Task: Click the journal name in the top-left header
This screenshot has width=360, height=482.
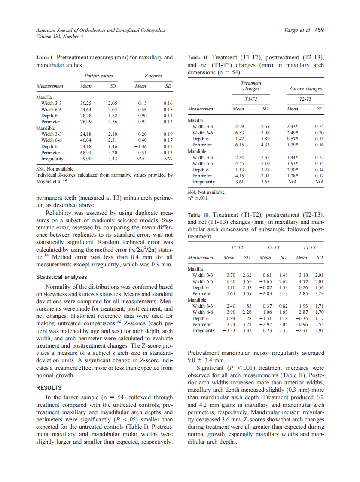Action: [x=101, y=30]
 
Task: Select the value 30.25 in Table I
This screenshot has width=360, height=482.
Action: [x=85, y=103]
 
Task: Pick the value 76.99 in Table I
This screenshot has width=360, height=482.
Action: [x=85, y=122]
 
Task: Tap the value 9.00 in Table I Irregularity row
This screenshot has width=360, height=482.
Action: [x=87, y=159]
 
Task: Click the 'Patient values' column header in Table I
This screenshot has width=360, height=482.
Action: [x=98, y=76]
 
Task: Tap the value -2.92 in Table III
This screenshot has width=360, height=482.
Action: [x=265, y=325]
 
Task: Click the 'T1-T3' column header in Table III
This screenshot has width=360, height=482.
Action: [x=309, y=248]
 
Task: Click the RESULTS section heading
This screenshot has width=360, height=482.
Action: [x=49, y=388]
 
